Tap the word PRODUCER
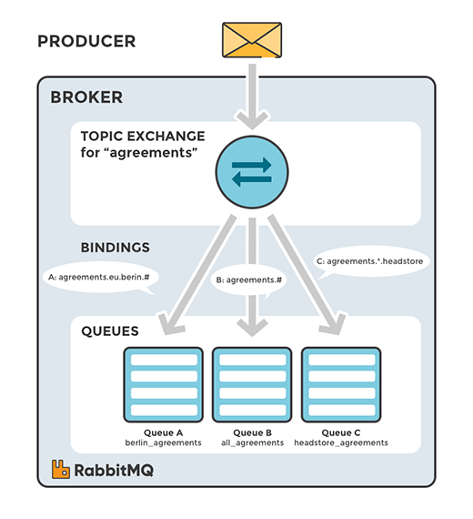coord(86,42)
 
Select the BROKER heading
coord(86,97)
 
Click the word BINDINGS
coord(115,247)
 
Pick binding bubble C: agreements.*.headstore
coord(371,261)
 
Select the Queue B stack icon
coord(252,383)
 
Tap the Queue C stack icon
coord(341,383)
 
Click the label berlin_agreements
coord(161,442)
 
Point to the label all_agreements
coord(252,442)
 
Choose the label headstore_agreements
coord(341,442)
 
